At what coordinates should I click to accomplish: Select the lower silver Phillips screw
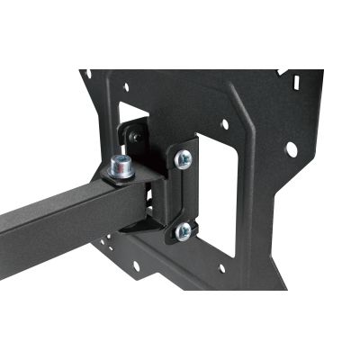pos(184,231)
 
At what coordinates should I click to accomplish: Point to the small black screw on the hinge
pos(134,136)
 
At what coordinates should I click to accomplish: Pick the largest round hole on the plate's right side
pos(290,147)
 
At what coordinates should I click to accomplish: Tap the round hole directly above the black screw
pos(127,87)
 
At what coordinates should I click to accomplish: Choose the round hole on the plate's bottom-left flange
pos(136,267)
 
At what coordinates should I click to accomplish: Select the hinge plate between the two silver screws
pos(184,195)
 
